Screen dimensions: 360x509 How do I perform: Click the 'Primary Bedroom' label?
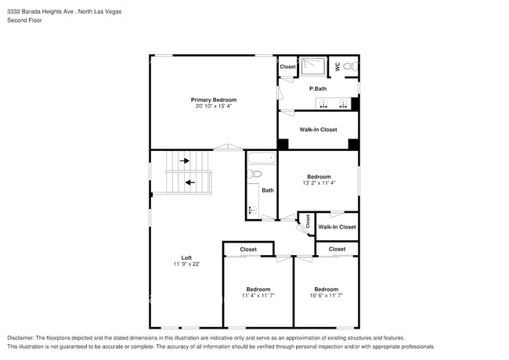click(x=214, y=99)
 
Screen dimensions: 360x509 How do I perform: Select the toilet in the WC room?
click(x=352, y=67)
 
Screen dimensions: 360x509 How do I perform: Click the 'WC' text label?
click(x=338, y=67)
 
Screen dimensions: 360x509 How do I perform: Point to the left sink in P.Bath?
click(x=323, y=103)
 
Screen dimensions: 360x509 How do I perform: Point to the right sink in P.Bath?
click(x=343, y=103)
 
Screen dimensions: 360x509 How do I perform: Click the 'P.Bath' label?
click(x=317, y=88)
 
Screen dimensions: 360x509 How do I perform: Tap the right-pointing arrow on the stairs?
click(x=185, y=160)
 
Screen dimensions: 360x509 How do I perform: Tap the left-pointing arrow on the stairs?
click(x=190, y=183)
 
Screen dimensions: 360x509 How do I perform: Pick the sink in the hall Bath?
click(x=252, y=209)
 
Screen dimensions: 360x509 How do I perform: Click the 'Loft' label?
click(x=186, y=257)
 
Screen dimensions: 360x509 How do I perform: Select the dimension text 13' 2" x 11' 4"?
click(x=318, y=183)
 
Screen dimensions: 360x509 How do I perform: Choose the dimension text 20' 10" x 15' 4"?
click(x=214, y=106)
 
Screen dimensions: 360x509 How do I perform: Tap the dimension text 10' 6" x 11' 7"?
click(x=326, y=296)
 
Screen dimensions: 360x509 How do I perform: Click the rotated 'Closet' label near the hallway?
click(x=308, y=221)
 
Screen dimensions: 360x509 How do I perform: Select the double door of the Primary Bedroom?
click(x=228, y=147)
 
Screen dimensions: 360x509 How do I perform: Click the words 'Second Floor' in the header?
click(x=26, y=20)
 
